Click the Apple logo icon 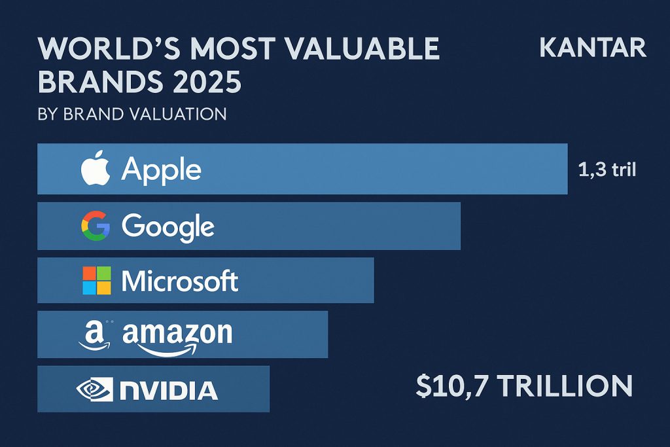point(96,170)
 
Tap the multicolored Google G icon point(96,226)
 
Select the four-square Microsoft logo point(96,281)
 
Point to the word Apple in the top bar point(162,170)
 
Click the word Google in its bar point(168,227)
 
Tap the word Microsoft point(180,281)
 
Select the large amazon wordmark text point(177,335)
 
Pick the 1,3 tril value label point(607,170)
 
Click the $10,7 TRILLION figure point(524,385)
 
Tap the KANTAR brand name point(593,48)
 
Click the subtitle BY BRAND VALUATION point(133,114)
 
